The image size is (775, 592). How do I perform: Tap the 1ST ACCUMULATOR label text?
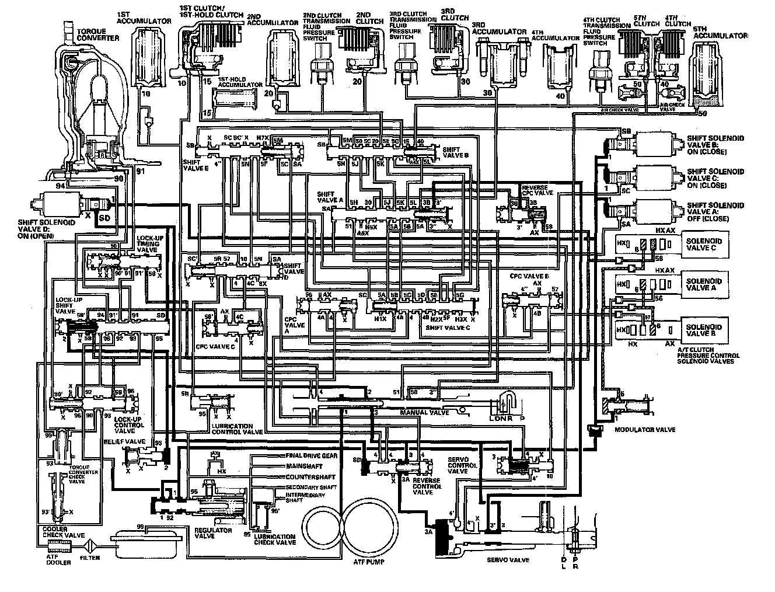(x=144, y=17)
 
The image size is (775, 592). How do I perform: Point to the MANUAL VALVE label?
(x=424, y=412)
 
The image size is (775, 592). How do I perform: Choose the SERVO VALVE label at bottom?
(x=508, y=560)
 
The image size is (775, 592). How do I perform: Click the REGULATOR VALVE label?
(x=213, y=534)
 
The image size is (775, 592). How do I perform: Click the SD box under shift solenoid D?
(x=105, y=218)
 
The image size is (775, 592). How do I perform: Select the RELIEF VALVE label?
(x=132, y=442)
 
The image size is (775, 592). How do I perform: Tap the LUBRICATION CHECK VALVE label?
(x=274, y=539)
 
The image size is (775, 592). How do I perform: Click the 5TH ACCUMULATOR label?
(x=721, y=36)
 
